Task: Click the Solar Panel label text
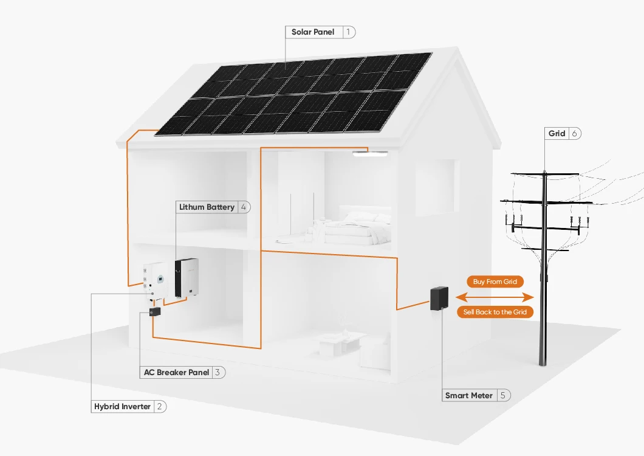click(x=313, y=32)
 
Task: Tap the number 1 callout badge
click(x=349, y=32)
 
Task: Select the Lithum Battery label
click(x=207, y=207)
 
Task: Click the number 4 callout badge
click(x=244, y=207)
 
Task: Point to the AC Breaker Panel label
click(x=176, y=372)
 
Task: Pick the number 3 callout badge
click(x=218, y=372)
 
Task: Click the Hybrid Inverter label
click(x=122, y=406)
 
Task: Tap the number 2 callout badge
click(x=159, y=406)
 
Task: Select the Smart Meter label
click(x=469, y=395)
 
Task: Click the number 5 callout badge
click(x=504, y=395)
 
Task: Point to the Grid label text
click(x=557, y=134)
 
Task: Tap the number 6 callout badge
click(x=574, y=134)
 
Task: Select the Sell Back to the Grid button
click(x=495, y=312)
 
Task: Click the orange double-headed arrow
click(x=495, y=297)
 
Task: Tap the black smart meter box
click(x=439, y=299)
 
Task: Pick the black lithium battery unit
click(x=186, y=278)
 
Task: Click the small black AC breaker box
click(x=154, y=312)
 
